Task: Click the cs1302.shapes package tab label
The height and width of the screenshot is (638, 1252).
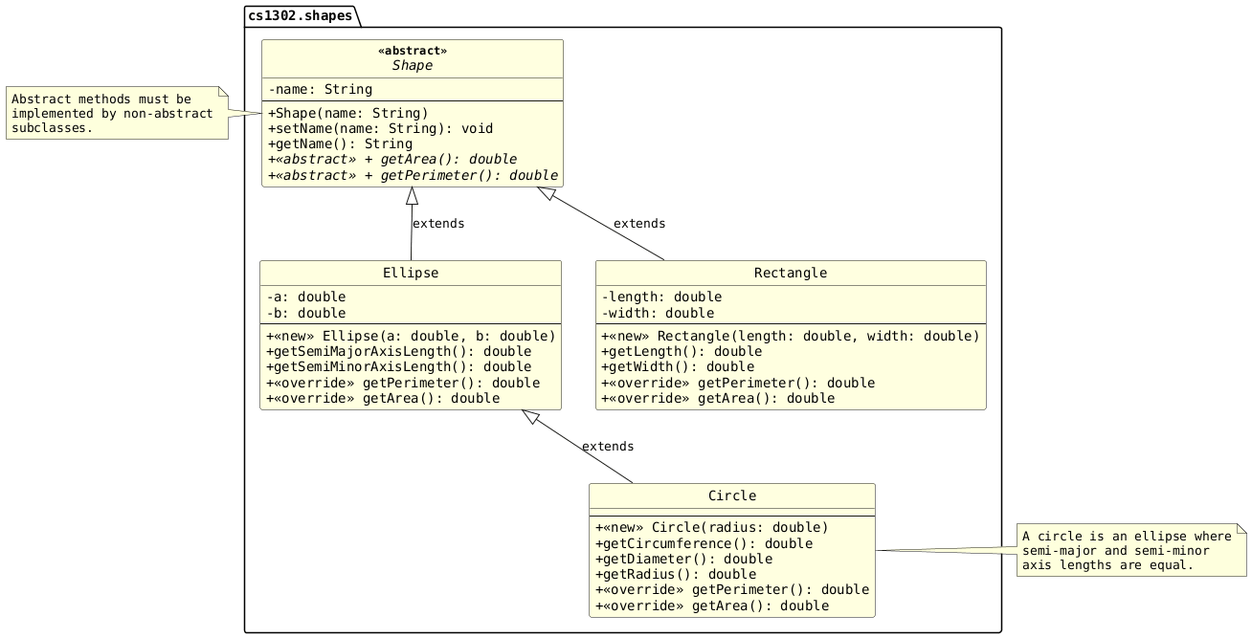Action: pos(300,15)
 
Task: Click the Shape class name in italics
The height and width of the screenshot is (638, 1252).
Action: pos(412,66)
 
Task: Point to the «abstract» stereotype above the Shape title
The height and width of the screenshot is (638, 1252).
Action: pos(412,51)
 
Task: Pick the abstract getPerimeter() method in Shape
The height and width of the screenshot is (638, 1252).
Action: pos(413,175)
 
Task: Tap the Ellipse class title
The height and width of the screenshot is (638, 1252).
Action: pos(411,274)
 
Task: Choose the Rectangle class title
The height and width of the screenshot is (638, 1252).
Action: pos(790,274)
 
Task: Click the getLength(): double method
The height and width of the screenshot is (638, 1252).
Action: pos(682,352)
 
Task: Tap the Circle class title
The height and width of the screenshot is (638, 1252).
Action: pos(732,496)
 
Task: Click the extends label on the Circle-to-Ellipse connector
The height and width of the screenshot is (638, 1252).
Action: pos(607,447)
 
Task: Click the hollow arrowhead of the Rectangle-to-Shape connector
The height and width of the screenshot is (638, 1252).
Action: pos(546,193)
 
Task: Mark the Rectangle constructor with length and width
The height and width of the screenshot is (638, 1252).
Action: pos(790,336)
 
